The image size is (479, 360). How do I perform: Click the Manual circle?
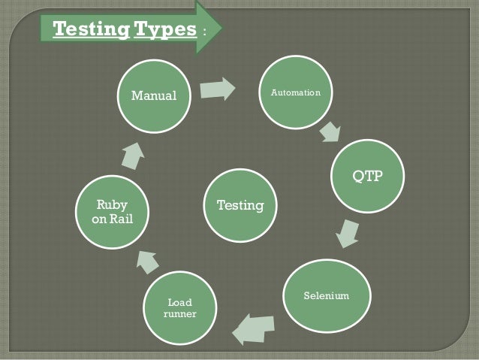153,96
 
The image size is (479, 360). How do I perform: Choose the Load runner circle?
179,308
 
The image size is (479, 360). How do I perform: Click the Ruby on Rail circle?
110,213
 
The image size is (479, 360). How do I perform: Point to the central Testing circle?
240,204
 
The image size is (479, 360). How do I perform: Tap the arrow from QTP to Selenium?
346,233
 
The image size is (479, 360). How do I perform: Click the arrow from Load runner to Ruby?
145,262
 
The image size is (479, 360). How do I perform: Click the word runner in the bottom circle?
180,314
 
